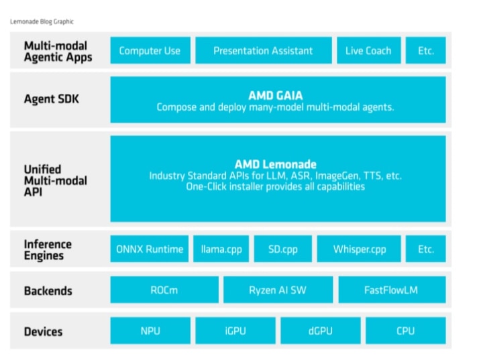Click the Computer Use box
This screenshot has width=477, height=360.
tap(150, 50)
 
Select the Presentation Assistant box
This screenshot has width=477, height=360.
tap(263, 50)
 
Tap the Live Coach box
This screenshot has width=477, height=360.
tap(368, 50)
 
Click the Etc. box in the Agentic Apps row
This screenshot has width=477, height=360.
tap(425, 50)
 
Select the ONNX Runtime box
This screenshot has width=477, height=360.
tap(150, 249)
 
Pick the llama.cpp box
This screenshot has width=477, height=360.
tap(221, 249)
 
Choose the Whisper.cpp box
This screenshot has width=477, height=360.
tap(359, 249)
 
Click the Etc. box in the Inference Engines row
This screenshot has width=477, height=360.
tap(425, 249)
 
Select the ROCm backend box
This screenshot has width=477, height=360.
tap(164, 290)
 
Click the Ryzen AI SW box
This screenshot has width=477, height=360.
tap(278, 290)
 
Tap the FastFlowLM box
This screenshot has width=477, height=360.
tap(392, 290)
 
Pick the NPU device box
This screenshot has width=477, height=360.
tap(150, 331)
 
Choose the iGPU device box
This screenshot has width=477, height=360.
tap(235, 331)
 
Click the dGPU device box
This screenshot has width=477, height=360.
tap(320, 331)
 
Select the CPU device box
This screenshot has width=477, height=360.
tap(405, 331)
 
